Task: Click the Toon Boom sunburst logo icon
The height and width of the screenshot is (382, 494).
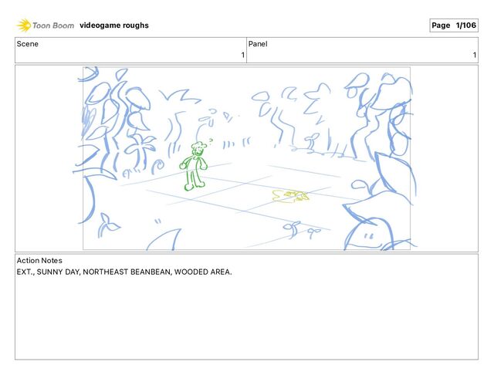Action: point(24,25)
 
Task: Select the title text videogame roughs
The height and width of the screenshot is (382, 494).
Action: point(114,25)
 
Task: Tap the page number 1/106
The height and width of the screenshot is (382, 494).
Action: point(465,25)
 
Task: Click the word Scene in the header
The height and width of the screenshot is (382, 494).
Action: point(28,44)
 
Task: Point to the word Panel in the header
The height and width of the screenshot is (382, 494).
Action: point(258,44)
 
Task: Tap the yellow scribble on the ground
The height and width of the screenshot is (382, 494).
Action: point(290,196)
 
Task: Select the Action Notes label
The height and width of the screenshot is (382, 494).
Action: point(39,260)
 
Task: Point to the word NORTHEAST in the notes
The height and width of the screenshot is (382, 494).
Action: point(105,272)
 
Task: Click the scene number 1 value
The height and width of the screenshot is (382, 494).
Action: point(243,55)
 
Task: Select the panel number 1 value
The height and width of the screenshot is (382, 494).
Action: point(475,55)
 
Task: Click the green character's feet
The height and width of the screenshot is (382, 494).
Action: point(195,186)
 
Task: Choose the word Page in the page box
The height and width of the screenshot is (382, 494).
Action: point(441,25)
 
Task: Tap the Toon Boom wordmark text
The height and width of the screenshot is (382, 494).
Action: point(53,25)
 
